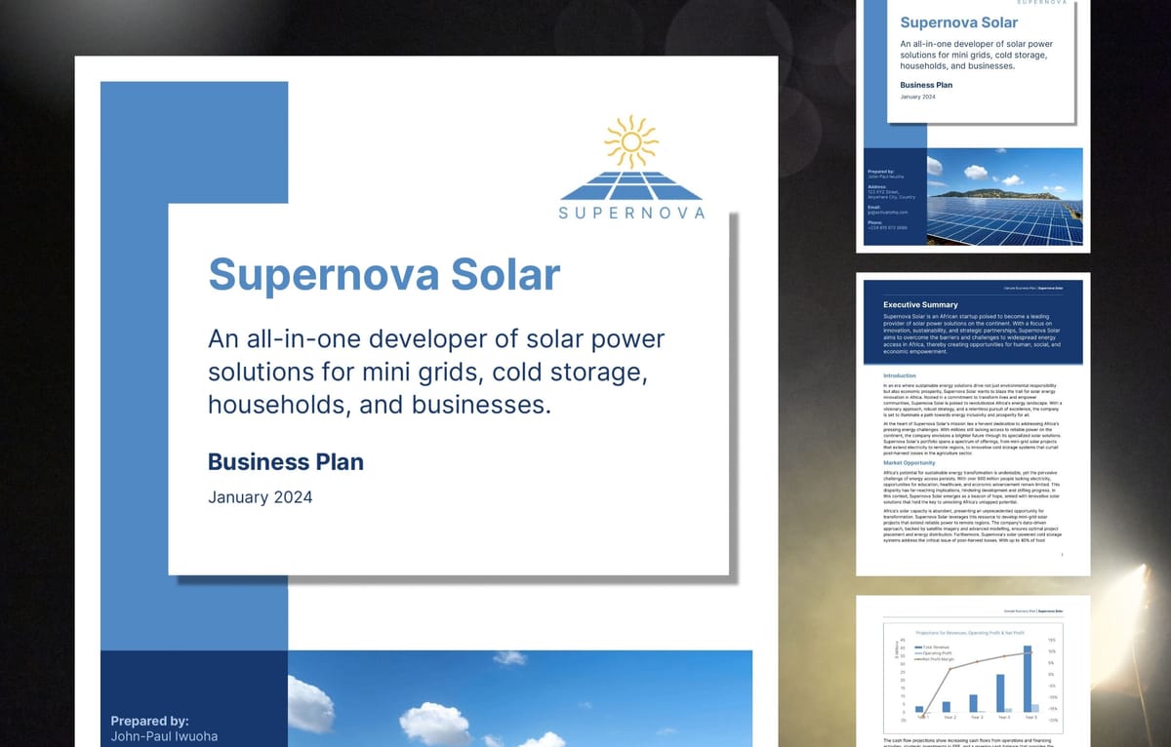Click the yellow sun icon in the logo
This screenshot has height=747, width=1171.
click(x=631, y=141)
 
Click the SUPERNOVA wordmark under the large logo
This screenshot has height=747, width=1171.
click(x=631, y=213)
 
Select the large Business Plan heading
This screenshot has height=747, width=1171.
click(x=286, y=460)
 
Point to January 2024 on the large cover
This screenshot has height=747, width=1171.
click(x=261, y=497)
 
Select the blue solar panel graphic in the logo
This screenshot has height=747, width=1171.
click(x=631, y=184)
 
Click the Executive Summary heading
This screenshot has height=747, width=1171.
click(x=920, y=305)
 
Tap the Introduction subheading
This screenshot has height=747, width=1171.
click(x=900, y=375)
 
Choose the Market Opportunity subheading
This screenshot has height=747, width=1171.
click(x=912, y=463)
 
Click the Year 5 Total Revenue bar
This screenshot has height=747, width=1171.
click(x=1027, y=678)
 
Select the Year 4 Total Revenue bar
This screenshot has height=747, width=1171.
click(x=999, y=692)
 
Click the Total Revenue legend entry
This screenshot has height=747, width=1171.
click(x=934, y=648)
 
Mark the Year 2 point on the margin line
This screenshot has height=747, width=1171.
click(x=946, y=670)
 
